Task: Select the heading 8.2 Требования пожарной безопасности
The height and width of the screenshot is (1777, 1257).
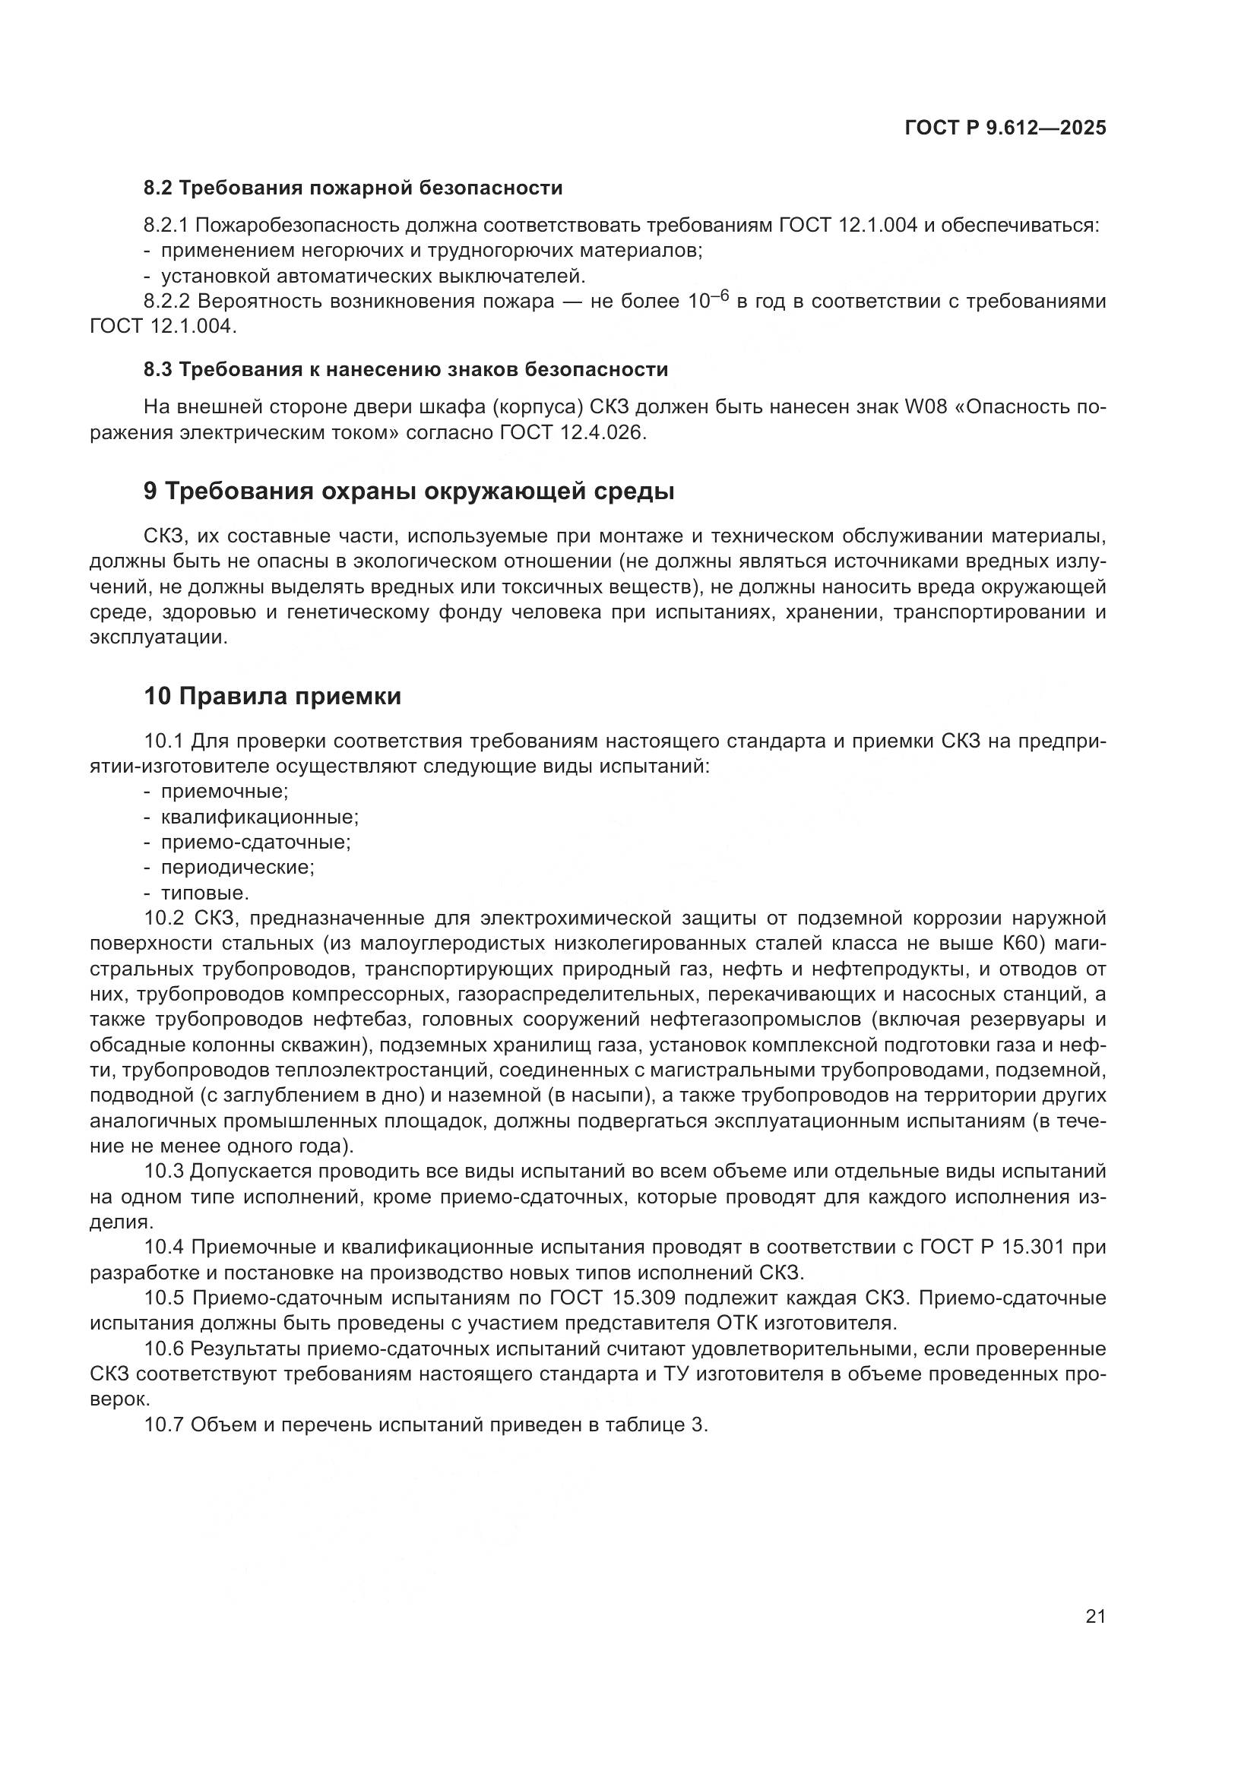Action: point(353,188)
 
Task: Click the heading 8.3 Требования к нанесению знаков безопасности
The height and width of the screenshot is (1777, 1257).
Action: point(406,370)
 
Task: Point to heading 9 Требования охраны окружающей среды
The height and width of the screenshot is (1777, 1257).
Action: point(409,492)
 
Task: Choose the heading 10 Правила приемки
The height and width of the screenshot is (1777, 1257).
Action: point(273,697)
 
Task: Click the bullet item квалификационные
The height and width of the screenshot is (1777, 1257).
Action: point(259,817)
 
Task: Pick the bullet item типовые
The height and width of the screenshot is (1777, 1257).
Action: point(204,893)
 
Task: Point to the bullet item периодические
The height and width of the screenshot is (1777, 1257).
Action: point(237,868)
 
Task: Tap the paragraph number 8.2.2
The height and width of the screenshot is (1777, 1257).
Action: point(169,301)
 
